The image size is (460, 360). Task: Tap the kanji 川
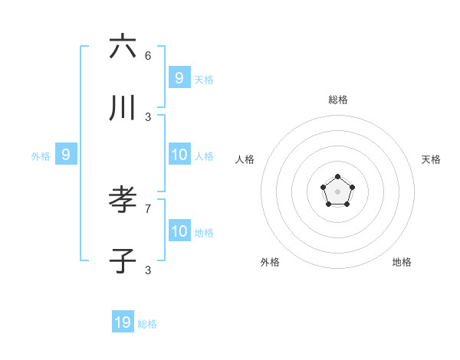coord(123,108)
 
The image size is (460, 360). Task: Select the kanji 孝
coord(123,201)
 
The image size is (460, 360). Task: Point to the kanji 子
coord(123,261)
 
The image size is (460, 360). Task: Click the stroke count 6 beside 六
coord(148,55)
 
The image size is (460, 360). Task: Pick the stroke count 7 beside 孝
coord(148,208)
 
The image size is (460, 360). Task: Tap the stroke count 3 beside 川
coord(148,116)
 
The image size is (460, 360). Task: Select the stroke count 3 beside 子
coord(148,270)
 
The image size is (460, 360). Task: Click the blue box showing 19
coord(123,322)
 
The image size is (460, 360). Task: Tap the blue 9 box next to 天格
coord(179,77)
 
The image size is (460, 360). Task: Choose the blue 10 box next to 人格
coord(179,155)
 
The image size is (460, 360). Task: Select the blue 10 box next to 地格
coord(179,231)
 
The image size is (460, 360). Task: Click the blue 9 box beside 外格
coord(66,155)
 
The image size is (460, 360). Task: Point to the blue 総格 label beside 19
coord(147,324)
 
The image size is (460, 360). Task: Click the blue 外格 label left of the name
coord(41,156)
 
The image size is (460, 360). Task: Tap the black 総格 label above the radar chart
coord(337,100)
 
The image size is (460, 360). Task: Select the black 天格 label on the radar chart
coord(431,159)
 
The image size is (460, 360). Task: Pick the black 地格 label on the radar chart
coord(402,262)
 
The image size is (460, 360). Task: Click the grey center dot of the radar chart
coord(337,191)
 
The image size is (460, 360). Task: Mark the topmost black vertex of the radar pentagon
coord(337,177)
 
